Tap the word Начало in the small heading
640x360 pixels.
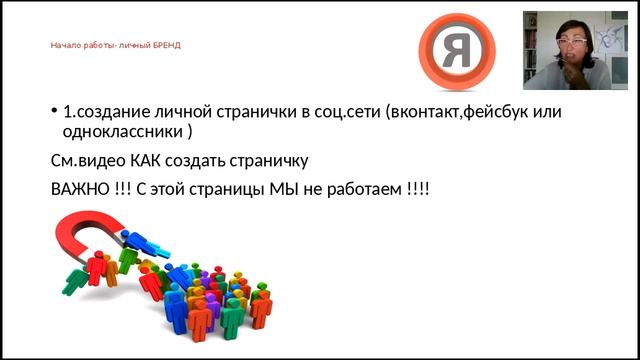pyautogui.click(x=65, y=45)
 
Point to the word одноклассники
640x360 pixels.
pyautogui.click(x=123, y=131)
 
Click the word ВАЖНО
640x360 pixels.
pyautogui.click(x=76, y=189)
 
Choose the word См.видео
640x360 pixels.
pyautogui.click(x=85, y=161)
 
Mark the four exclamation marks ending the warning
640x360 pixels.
pyautogui.click(x=418, y=189)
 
